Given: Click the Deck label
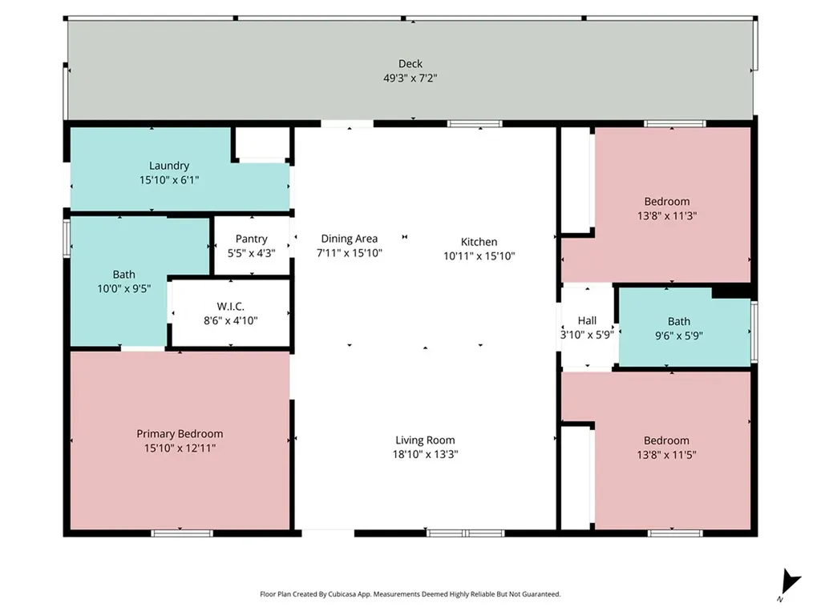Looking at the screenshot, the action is [410, 64].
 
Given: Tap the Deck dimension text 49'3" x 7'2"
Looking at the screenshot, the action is [410, 78].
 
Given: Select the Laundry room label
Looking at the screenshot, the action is [168, 166].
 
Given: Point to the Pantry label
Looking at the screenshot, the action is [251, 239].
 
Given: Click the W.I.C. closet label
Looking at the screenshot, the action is [230, 307].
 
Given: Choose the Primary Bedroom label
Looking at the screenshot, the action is [180, 434].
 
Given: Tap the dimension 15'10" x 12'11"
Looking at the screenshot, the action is [180, 448].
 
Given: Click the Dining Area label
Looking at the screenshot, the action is [350, 239].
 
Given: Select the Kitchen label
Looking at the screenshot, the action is [479, 242].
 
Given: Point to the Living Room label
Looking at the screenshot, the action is [425, 440].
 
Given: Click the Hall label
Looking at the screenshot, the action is [587, 320].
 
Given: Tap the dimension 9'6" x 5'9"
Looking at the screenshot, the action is [678, 336].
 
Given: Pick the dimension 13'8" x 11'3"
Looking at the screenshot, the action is [666, 215].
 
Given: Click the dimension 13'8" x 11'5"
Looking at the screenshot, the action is [666, 455].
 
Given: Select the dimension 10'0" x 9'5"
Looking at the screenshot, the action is [124, 288].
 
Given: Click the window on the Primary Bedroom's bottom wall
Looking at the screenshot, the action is [182, 533].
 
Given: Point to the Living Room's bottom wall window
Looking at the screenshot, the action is [466, 533].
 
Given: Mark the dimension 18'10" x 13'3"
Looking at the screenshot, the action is [425, 455].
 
